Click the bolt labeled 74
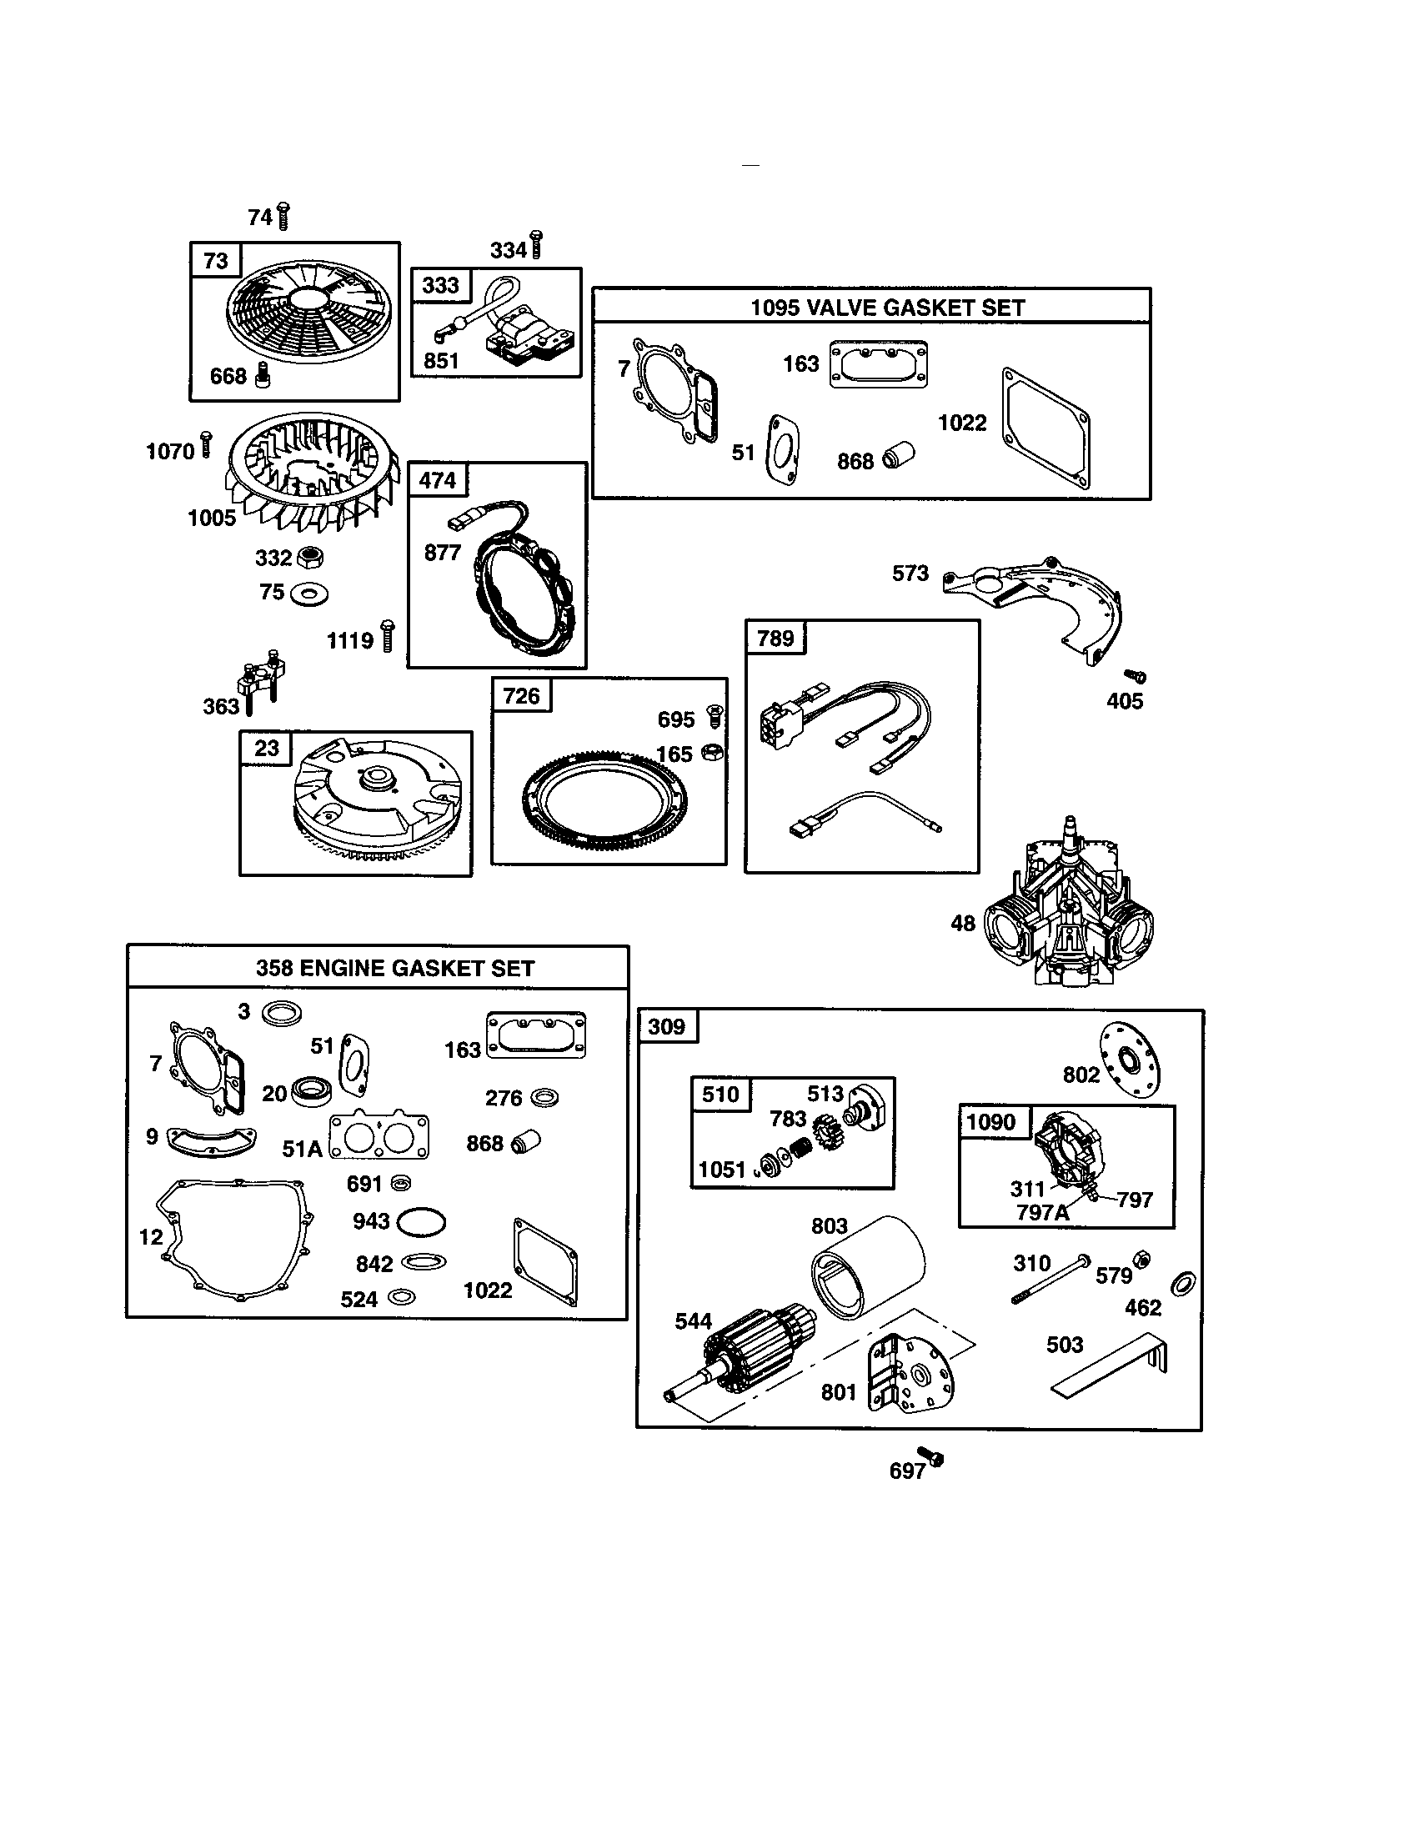point(283,217)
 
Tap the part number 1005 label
point(212,519)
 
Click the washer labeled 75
point(308,594)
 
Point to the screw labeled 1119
point(387,636)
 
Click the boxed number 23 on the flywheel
point(266,748)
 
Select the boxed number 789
point(775,639)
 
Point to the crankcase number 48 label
point(963,924)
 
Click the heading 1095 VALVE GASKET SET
point(887,308)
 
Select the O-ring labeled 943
point(421,1223)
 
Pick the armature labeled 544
point(747,1353)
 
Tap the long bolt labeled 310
point(1050,1279)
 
